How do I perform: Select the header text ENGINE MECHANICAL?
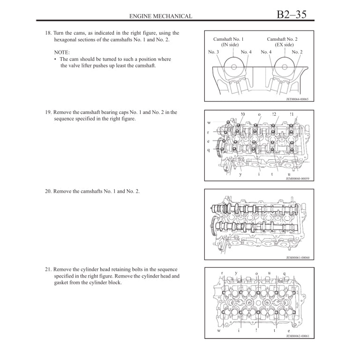tap(160, 16)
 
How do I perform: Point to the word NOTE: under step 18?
tap(62, 52)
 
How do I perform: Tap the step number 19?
tap(48, 112)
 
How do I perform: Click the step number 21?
tap(48, 270)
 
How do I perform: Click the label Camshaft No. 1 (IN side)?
tap(228, 42)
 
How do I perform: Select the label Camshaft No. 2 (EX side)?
tap(282, 42)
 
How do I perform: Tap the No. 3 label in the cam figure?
tap(213, 52)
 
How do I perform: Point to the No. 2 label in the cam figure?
tap(297, 52)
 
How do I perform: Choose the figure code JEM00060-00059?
tap(298, 179)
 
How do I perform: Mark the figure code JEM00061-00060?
tap(298, 257)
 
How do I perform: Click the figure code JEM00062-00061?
tap(298, 336)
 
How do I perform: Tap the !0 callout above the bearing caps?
tap(242, 114)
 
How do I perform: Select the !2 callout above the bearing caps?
tap(274, 114)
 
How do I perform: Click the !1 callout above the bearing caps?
tap(292, 114)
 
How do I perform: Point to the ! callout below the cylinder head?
tap(256, 330)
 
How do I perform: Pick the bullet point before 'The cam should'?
tap(55, 60)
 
